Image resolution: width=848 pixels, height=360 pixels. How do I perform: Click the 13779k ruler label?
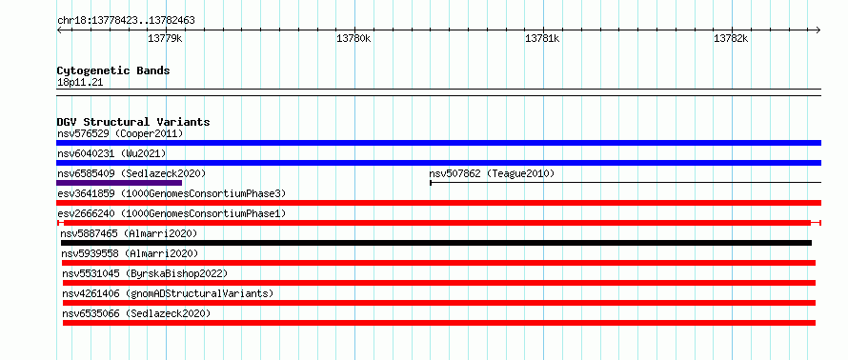(x=165, y=38)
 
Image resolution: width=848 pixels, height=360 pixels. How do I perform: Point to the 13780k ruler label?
(x=353, y=38)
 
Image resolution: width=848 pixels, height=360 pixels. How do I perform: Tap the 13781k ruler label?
(x=542, y=38)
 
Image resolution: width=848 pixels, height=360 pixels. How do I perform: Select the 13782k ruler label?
(x=731, y=38)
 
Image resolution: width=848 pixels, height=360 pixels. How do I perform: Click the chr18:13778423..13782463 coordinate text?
(x=126, y=21)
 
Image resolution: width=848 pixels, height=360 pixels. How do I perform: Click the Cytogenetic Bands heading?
(x=113, y=70)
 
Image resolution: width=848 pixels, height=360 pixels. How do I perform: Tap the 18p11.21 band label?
(x=79, y=83)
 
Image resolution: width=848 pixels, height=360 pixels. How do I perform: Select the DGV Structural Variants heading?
(x=133, y=122)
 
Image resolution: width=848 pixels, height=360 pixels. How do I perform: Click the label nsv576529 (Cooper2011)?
(x=120, y=133)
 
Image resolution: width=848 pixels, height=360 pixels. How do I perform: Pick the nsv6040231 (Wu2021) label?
(x=111, y=153)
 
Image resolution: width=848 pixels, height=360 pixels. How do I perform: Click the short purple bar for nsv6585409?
(x=119, y=183)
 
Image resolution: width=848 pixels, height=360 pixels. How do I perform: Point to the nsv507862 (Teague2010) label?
(x=493, y=173)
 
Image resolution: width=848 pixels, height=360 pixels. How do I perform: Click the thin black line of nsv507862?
(x=626, y=183)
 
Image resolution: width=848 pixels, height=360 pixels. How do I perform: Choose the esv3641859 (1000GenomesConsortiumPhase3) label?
(x=172, y=193)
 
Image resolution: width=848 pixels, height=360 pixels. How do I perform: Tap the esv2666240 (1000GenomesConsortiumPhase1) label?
(x=172, y=213)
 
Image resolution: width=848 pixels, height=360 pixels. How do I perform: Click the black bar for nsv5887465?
(x=436, y=243)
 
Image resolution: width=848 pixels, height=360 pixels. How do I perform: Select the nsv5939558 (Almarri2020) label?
(x=130, y=253)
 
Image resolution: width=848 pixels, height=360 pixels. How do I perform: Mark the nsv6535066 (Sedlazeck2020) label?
(x=136, y=313)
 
